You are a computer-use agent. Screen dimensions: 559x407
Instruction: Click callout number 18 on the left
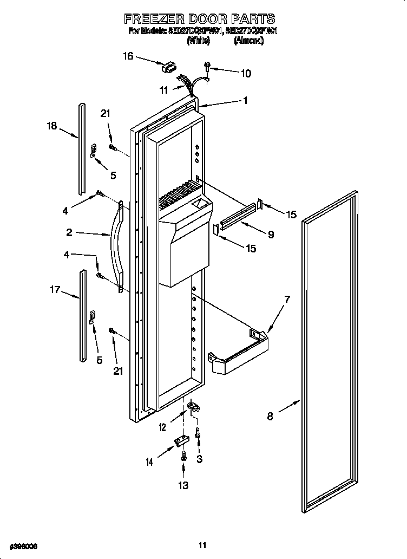(x=51, y=127)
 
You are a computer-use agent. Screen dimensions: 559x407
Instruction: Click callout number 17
(x=55, y=290)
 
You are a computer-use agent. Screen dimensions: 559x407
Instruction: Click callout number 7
(x=287, y=299)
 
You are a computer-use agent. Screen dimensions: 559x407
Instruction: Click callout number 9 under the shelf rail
(x=271, y=235)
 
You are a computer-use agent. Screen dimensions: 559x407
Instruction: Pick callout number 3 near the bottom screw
(x=200, y=459)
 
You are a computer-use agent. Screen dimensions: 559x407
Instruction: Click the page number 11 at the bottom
(x=202, y=545)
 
